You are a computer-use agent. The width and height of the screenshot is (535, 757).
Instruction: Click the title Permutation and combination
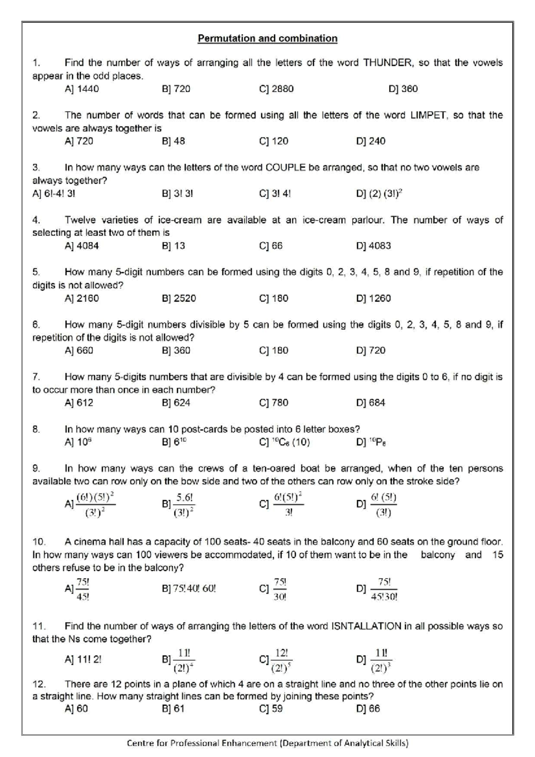pyautogui.click(x=267, y=38)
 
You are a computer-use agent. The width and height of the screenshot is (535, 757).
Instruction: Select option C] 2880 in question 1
pyautogui.click(x=276, y=89)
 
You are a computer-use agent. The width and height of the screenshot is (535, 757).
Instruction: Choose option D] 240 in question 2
pyautogui.click(x=370, y=141)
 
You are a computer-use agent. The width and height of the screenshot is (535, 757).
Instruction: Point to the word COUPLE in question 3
pyautogui.click(x=285, y=168)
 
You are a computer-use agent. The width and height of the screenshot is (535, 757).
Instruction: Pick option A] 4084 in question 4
pyautogui.click(x=82, y=246)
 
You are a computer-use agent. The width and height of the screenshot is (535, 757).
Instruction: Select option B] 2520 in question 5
pyautogui.click(x=179, y=298)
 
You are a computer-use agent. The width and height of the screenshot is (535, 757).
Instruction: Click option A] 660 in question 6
pyautogui.click(x=79, y=350)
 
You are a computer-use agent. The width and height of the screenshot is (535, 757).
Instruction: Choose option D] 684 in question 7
pyautogui.click(x=370, y=403)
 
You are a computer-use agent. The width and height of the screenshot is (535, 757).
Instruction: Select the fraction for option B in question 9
pyautogui.click(x=184, y=505)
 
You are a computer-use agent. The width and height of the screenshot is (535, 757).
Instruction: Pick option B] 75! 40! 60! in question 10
pyautogui.click(x=189, y=588)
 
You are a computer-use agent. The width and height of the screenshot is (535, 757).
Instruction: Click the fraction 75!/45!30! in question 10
pyautogui.click(x=384, y=589)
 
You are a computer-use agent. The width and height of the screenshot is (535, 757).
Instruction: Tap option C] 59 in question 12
pyautogui.click(x=271, y=709)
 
